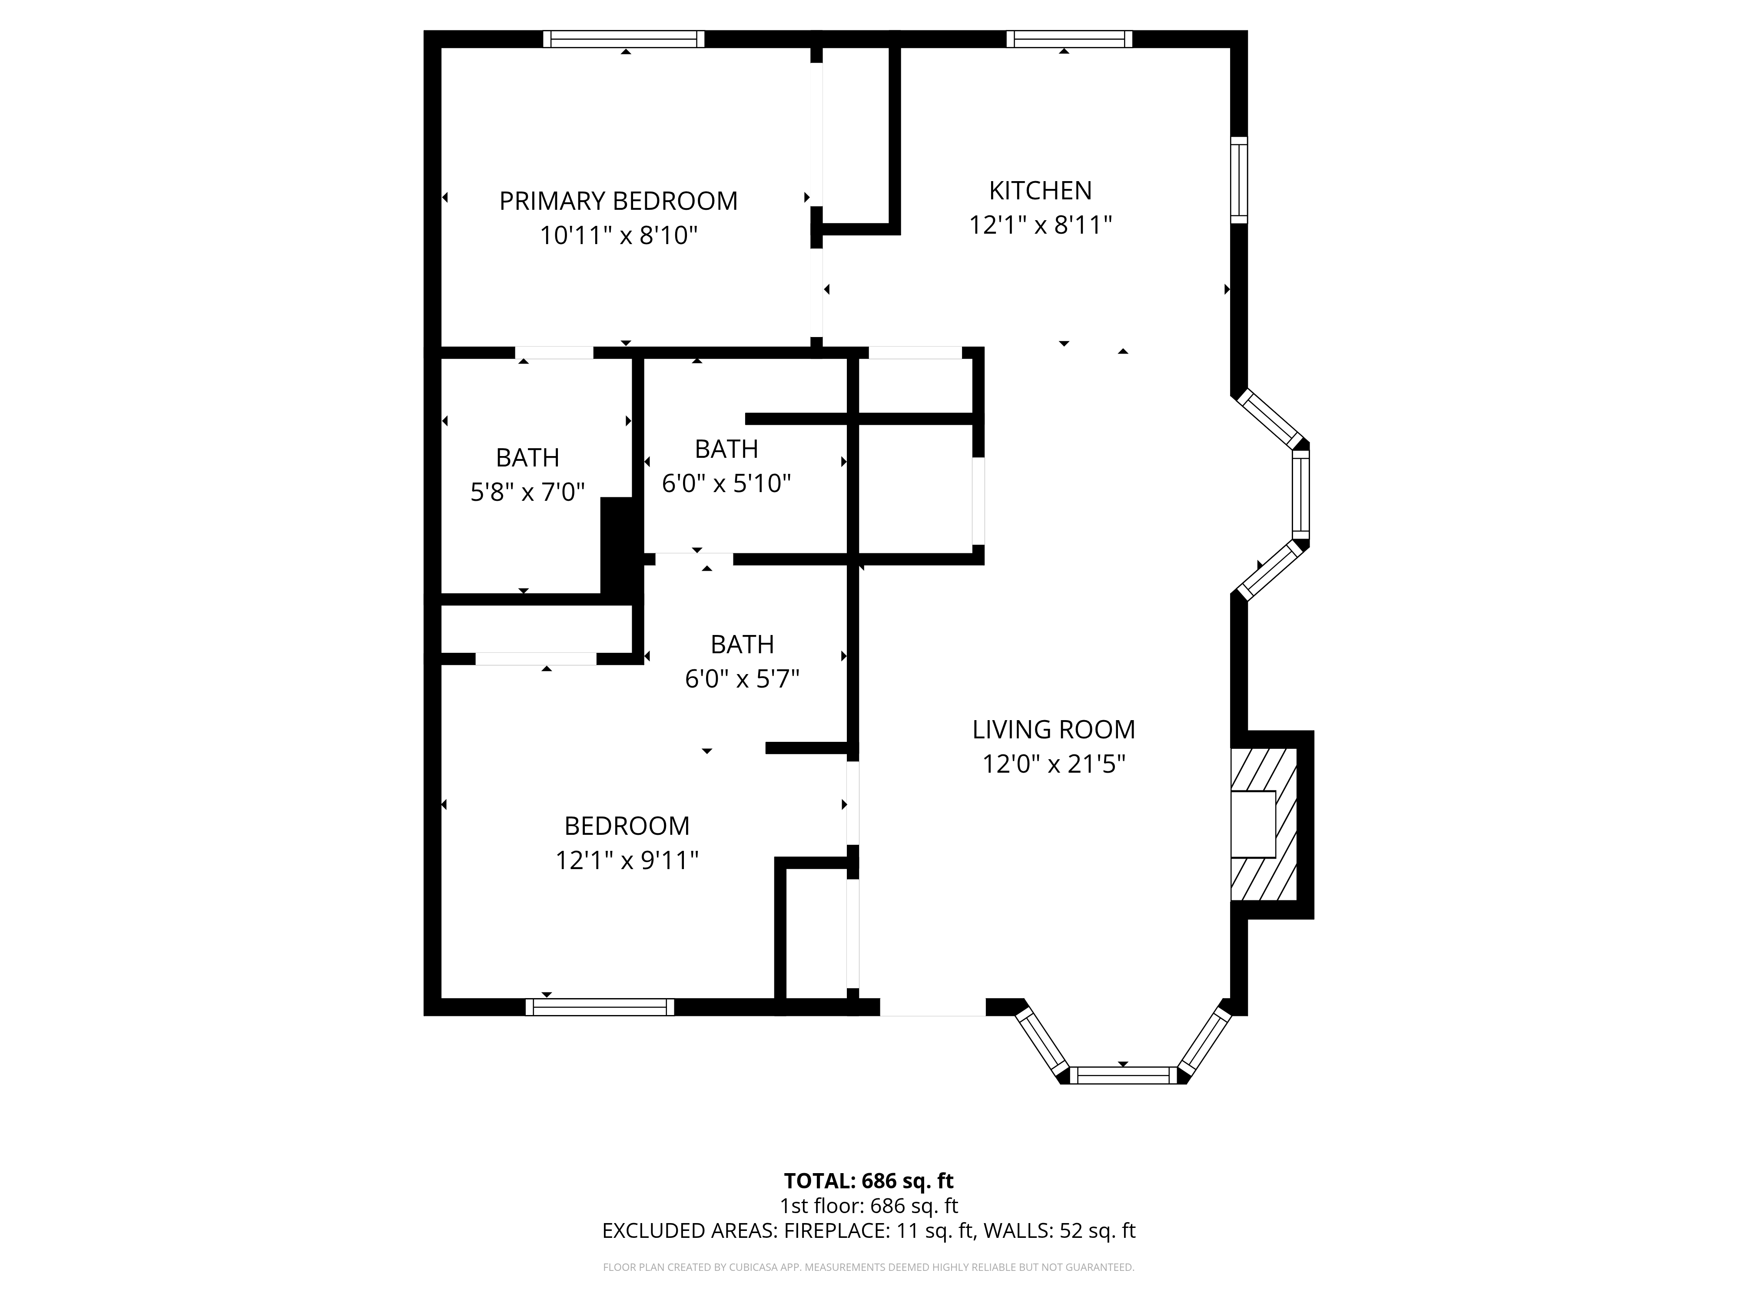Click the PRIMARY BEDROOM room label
[x=618, y=201]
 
